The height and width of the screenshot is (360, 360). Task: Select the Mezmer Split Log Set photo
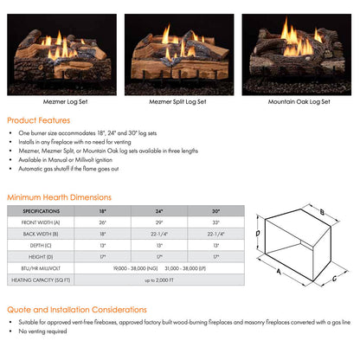[179, 54]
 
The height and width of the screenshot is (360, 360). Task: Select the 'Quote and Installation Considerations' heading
[77, 309]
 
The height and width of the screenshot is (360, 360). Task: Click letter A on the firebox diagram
[278, 268]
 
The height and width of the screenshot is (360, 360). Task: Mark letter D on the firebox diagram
[258, 233]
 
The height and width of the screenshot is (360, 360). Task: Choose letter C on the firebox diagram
[333, 278]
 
